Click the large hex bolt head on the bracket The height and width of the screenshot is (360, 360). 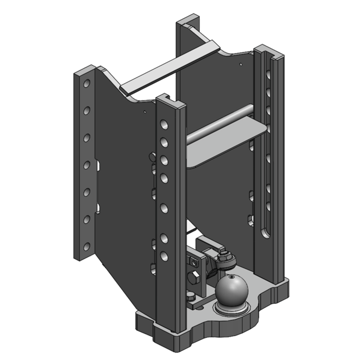point(194,279)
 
